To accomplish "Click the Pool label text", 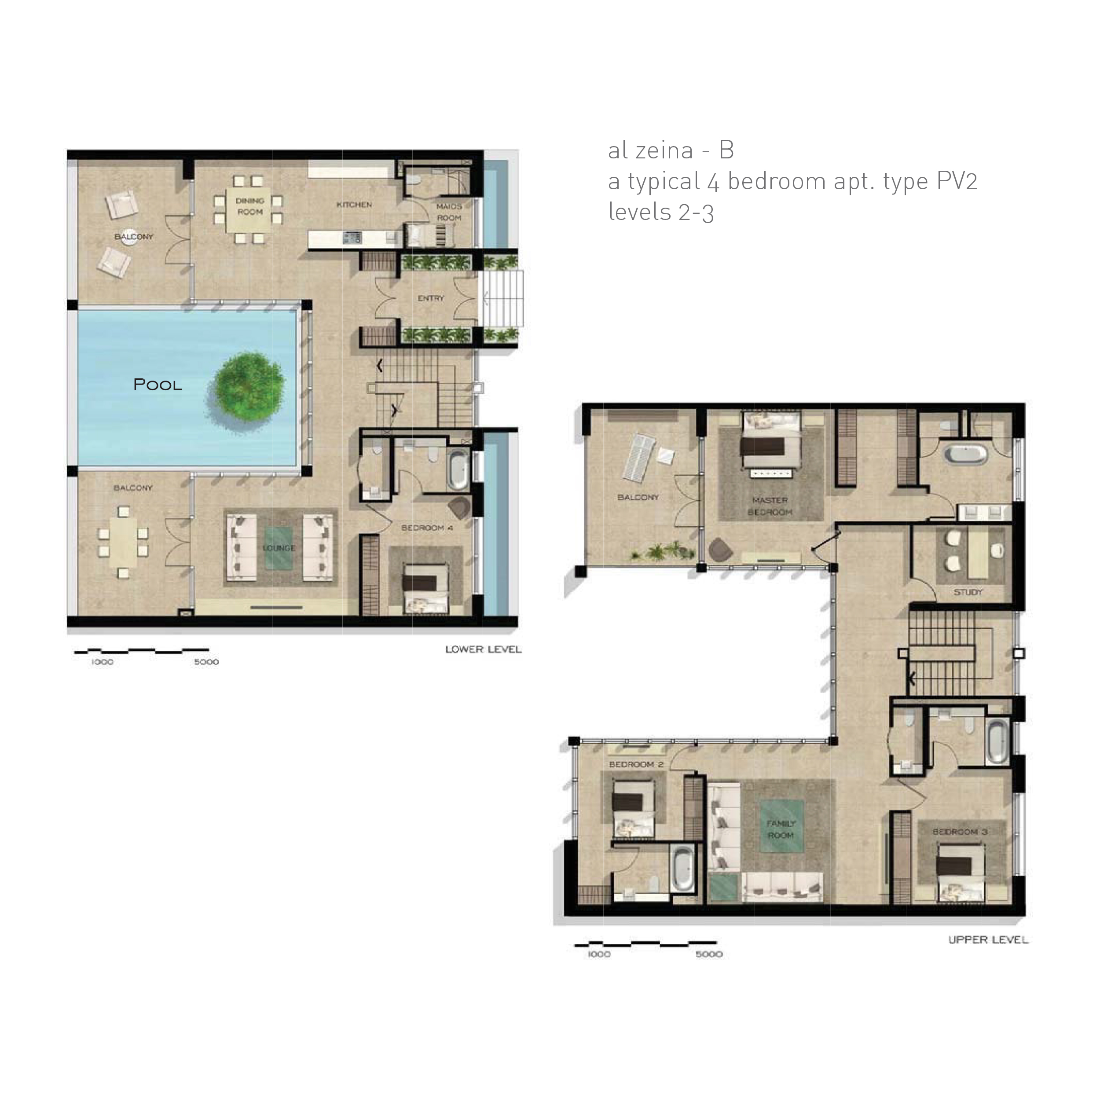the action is [x=158, y=385].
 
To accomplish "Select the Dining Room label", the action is [x=250, y=206].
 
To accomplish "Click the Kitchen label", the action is [x=354, y=205].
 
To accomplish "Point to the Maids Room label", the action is [x=449, y=212].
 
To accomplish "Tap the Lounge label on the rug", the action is [x=279, y=548].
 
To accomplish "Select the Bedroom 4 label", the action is [x=427, y=528].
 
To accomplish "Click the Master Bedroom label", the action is [x=770, y=506].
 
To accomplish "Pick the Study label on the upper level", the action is [x=968, y=592].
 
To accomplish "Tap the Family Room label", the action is [x=781, y=829].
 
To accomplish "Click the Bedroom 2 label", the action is [x=636, y=764].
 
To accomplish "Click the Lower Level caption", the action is [x=484, y=649].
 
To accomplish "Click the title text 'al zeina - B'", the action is [x=671, y=150].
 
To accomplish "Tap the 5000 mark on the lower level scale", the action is [x=206, y=662].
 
